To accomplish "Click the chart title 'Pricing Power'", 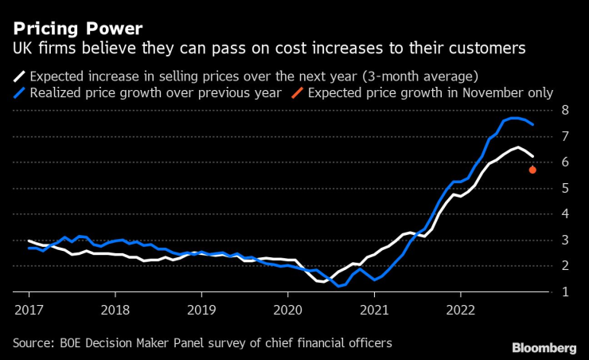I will [78, 28].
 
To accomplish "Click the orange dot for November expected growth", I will [532, 170].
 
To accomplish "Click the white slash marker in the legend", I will [19, 77].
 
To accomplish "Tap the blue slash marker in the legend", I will [19, 93].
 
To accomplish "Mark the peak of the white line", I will [518, 147].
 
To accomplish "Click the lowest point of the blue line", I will [339, 285].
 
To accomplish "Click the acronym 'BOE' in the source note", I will [77, 343].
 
